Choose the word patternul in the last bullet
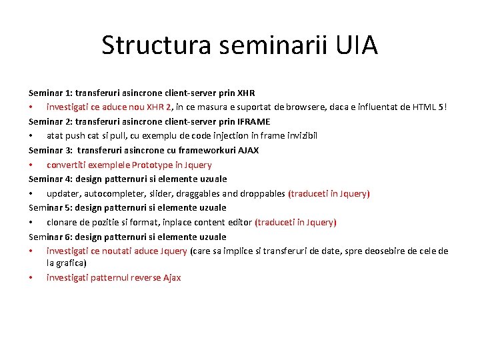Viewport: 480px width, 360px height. pyautogui.click(x=109, y=277)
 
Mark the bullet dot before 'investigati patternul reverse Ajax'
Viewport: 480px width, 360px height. pyautogui.click(x=31, y=277)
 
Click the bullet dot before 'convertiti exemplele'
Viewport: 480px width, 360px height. pyautogui.click(x=31, y=165)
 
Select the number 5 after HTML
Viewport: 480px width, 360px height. pyautogui.click(x=441, y=107)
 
